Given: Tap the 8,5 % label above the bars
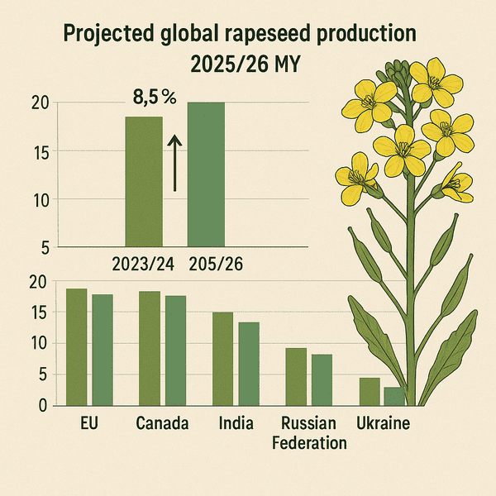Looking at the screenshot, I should tap(155, 97).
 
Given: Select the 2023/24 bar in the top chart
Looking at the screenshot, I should tap(144, 181).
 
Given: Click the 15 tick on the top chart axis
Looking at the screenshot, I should tap(40, 151).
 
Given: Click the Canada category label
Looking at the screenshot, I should tap(162, 425).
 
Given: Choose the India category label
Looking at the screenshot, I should tap(236, 425).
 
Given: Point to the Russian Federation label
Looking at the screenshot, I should tap(309, 433).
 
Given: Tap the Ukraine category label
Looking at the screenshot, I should tap(383, 425).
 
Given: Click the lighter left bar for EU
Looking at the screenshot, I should tap(77, 347).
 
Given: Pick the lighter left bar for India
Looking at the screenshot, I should tap(223, 359).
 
